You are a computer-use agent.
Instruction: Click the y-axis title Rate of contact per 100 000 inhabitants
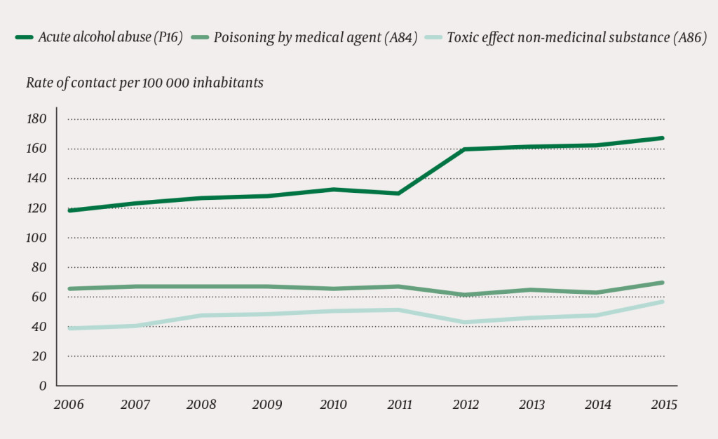(144, 83)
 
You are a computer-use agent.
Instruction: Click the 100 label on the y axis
(36, 238)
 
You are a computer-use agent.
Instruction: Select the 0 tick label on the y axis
(43, 386)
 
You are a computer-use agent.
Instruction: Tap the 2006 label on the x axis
(68, 405)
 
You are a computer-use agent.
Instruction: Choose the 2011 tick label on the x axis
(398, 405)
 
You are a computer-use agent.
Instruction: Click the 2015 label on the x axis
(663, 405)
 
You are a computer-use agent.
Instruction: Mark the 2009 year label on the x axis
(266, 405)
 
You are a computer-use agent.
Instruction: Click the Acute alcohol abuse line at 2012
(465, 149)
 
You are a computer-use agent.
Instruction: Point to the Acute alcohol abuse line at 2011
(398, 193)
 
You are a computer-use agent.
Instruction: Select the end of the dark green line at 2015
(662, 138)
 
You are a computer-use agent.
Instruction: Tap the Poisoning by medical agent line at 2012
(465, 295)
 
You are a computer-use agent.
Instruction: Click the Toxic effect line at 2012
(465, 322)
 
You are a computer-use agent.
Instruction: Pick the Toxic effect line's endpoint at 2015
(662, 302)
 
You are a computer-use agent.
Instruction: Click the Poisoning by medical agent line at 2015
(662, 283)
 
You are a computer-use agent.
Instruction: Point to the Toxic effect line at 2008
(201, 316)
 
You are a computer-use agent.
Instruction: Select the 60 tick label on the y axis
(39, 297)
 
